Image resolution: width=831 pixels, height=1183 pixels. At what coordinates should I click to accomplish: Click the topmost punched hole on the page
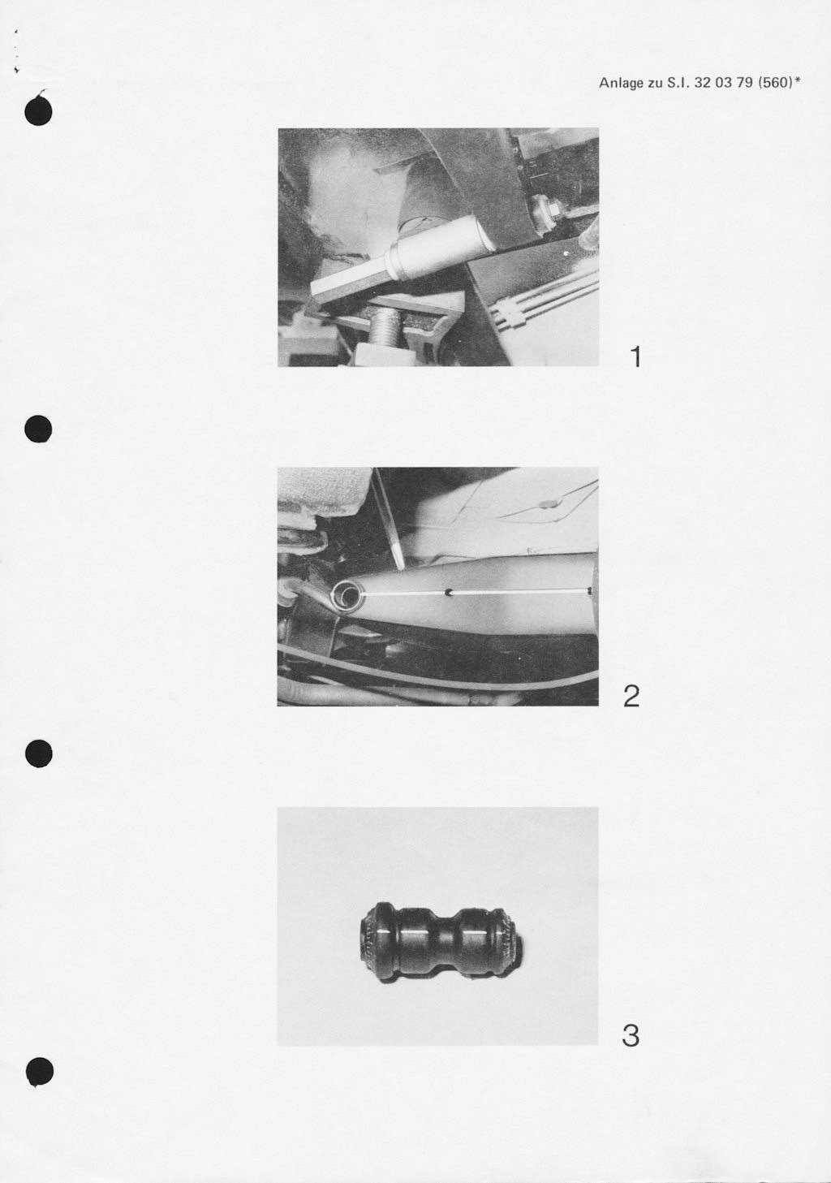[38, 111]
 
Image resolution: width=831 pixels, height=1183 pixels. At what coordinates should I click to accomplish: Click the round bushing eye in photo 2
[347, 596]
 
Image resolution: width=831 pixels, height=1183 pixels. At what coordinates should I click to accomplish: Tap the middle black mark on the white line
[449, 593]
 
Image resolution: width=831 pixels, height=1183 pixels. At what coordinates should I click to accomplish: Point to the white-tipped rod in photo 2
[388, 520]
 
